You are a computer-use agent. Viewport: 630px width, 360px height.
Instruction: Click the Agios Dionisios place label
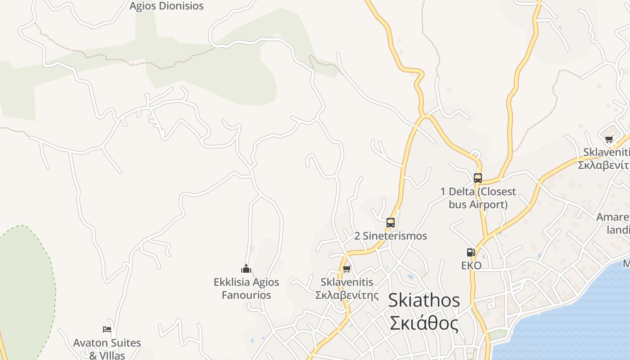coord(166,6)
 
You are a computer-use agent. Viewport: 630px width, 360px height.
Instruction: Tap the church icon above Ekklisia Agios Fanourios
coord(246,269)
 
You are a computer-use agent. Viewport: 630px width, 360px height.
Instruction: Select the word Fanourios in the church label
coord(246,295)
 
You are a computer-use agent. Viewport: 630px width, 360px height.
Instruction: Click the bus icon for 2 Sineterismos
coord(390,222)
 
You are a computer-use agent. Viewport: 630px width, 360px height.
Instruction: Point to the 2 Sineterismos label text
coord(390,236)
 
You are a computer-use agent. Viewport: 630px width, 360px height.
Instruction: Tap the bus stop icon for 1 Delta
coord(477,178)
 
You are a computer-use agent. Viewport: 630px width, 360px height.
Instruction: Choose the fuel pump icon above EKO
coord(471,252)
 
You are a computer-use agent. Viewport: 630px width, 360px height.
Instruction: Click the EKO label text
coord(471,265)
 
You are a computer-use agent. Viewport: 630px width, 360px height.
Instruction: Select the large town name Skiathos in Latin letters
coord(424,300)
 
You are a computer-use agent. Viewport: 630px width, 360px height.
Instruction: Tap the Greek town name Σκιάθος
coord(424,323)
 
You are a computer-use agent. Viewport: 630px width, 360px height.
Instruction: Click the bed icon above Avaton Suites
coord(107,329)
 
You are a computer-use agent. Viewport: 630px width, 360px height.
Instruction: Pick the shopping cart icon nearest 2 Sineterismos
coord(346,269)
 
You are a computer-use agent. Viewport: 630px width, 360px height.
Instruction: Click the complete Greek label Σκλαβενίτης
coord(346,295)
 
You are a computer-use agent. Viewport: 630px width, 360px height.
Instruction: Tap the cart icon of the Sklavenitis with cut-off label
coord(609,139)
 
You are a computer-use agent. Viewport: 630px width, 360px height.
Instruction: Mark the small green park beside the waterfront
coord(497,334)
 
